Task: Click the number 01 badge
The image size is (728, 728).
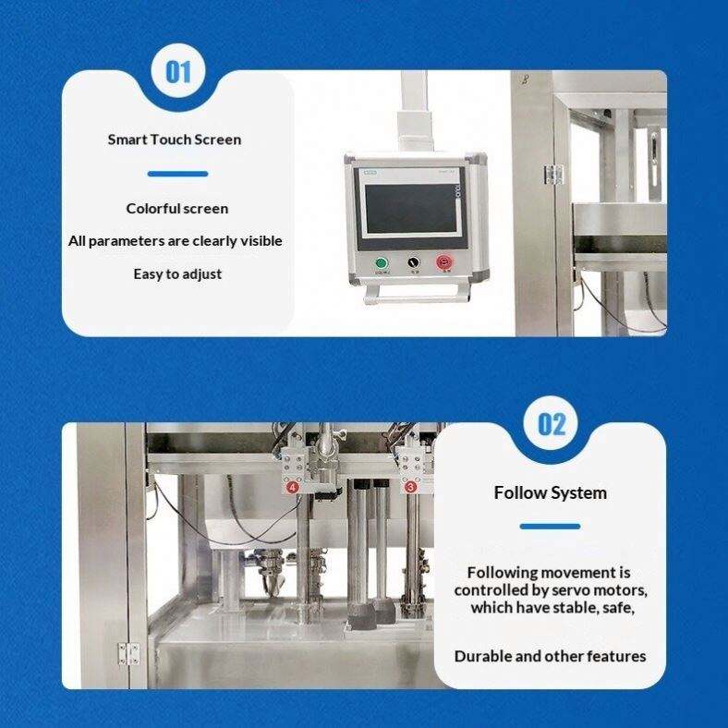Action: (x=177, y=72)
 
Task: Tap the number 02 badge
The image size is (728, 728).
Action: (x=551, y=424)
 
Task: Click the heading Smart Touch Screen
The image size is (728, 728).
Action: (x=175, y=140)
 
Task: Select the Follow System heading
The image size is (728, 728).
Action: (x=551, y=493)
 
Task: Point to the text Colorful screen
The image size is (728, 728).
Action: (x=177, y=209)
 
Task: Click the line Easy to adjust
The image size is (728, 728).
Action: (x=177, y=274)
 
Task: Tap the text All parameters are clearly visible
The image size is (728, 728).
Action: (x=176, y=241)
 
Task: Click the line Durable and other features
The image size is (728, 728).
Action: (x=551, y=657)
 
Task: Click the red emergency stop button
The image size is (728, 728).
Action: (x=443, y=262)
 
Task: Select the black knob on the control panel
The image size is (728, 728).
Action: (x=413, y=262)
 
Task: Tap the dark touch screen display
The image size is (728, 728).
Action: (x=410, y=209)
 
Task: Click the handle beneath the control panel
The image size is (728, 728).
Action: (x=417, y=296)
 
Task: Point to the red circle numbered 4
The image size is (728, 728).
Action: (x=293, y=488)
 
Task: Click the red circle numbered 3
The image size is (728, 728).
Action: (x=410, y=487)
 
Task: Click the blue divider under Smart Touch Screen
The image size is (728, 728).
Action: (x=177, y=174)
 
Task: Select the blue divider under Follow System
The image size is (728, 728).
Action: (x=551, y=527)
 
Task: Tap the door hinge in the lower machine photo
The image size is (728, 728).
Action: (x=128, y=654)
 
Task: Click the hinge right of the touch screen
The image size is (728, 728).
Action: (x=553, y=175)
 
